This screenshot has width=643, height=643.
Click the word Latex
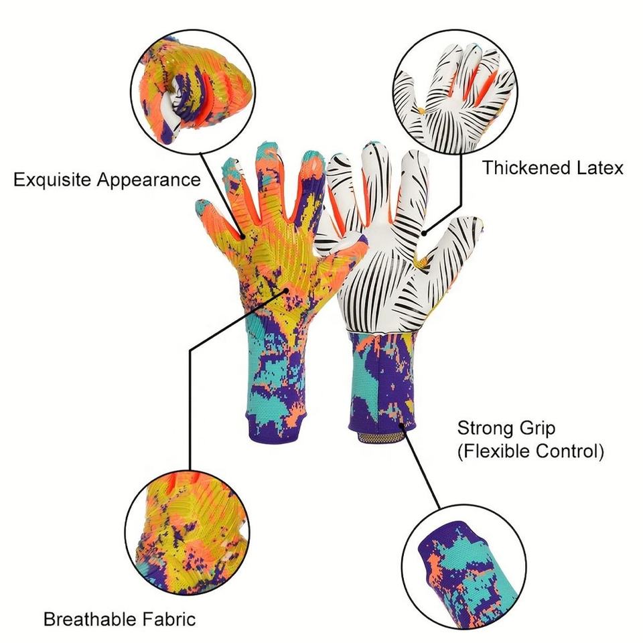[x=598, y=167]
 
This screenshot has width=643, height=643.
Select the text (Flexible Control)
[x=530, y=451]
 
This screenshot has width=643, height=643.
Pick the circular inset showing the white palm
[x=455, y=94]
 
